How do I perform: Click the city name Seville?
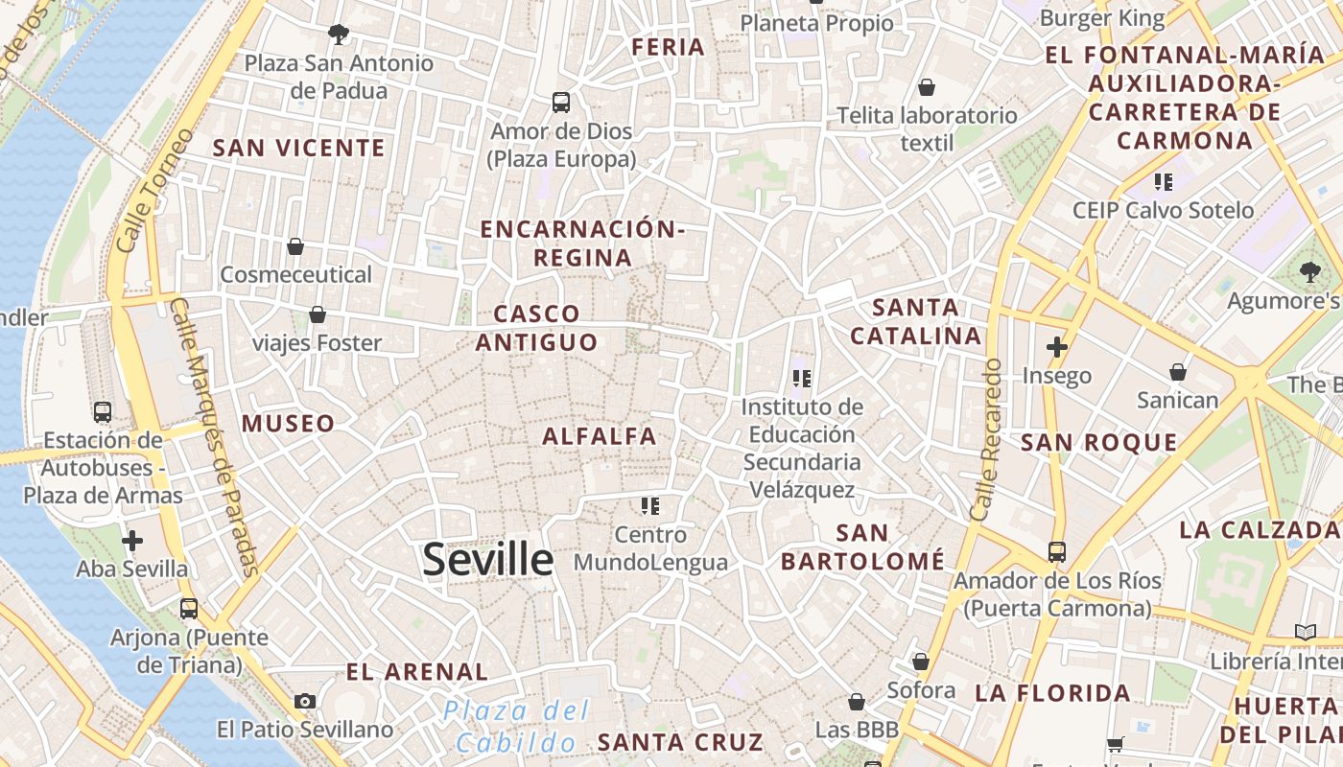(488, 560)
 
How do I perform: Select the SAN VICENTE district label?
(298, 149)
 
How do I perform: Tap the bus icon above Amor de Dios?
(561, 102)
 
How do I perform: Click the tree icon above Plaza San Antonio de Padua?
(338, 35)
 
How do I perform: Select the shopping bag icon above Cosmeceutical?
(295, 246)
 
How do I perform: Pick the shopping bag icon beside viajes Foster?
(318, 314)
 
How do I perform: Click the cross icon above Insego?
(1057, 347)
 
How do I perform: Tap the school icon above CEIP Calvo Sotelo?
(1164, 181)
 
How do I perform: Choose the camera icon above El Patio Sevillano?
(305, 701)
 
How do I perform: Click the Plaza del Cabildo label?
(516, 726)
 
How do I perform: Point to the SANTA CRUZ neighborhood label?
(680, 742)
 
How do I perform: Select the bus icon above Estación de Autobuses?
(103, 412)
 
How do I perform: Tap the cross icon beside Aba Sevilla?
(132, 541)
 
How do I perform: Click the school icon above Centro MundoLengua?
(650, 505)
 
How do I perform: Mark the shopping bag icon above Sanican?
(1177, 372)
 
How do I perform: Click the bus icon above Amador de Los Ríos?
(1056, 552)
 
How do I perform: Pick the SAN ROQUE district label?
(1098, 443)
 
